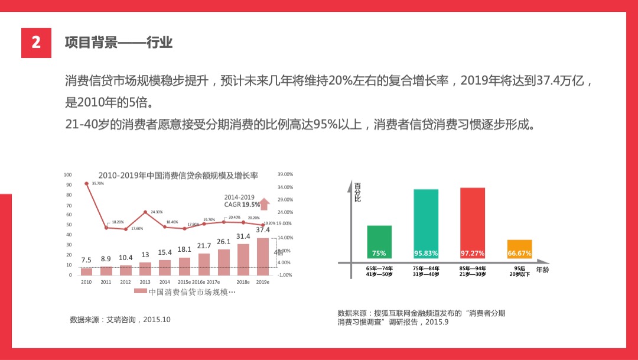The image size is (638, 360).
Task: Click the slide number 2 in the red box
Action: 36,43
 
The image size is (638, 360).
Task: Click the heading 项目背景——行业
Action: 118,43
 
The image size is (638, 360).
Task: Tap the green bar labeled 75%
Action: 379,242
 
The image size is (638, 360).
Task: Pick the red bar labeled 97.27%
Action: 473,223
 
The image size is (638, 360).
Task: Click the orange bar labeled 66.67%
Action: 520,249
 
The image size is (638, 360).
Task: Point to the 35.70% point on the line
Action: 87,184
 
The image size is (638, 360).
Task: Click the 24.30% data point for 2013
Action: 145,212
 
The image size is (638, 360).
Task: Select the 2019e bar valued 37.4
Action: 263,256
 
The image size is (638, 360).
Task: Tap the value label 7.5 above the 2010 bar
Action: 86,260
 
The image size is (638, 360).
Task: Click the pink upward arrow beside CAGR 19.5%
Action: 265,204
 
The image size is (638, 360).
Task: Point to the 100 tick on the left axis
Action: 67,175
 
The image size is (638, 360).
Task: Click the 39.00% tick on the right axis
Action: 285,175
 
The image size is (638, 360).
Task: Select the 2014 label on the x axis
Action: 165,283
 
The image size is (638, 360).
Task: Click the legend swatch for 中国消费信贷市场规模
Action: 140,291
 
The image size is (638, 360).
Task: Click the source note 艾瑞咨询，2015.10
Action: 120,320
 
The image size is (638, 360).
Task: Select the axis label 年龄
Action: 542,270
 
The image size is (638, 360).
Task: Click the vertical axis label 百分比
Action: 357,193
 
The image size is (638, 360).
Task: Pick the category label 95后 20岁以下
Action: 520,272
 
